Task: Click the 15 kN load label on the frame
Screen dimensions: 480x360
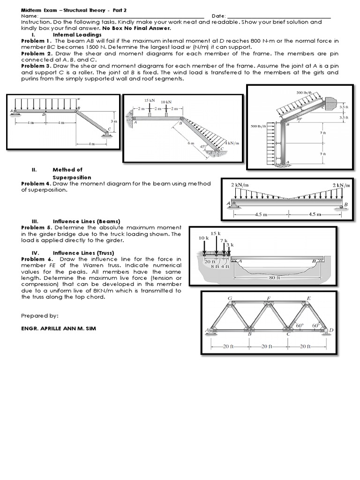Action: tap(150, 101)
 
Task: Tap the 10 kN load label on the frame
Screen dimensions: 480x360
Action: tap(166, 102)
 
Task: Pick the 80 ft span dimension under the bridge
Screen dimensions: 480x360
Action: tap(274, 277)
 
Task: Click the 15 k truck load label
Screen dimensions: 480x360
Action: tap(215, 233)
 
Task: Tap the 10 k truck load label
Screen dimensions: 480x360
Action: tap(203, 238)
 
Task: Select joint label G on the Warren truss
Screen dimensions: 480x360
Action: tap(230, 298)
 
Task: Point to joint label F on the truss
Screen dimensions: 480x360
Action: tap(269, 298)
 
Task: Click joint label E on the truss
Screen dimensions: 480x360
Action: tap(308, 298)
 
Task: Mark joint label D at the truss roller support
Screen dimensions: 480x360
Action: tap(331, 330)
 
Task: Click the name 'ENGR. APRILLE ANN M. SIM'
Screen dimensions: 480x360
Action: tap(59, 328)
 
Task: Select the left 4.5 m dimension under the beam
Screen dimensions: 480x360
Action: tap(261, 215)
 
